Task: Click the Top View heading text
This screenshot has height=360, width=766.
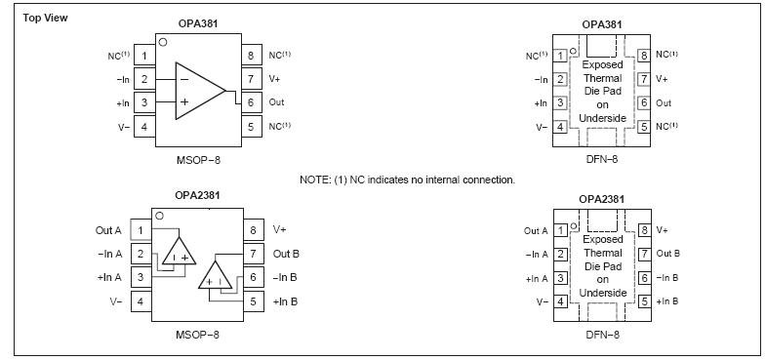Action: click(x=45, y=18)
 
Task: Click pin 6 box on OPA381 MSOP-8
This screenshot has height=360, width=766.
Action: click(x=251, y=101)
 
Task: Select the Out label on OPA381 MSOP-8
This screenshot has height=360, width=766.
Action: click(x=277, y=102)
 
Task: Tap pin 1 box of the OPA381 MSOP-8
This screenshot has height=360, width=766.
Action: click(x=143, y=56)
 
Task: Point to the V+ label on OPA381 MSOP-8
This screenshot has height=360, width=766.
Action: click(x=276, y=79)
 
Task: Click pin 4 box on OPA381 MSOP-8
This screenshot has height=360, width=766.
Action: click(x=143, y=126)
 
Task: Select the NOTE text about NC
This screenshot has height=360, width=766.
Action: click(x=407, y=180)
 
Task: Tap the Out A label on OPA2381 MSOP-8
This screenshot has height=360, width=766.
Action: click(x=108, y=230)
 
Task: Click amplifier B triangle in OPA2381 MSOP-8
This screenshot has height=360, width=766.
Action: click(x=216, y=277)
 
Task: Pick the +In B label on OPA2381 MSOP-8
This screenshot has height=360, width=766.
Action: click(x=285, y=301)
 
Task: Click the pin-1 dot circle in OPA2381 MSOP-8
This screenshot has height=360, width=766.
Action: click(x=160, y=214)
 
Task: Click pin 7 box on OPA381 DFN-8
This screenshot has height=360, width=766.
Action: click(x=643, y=79)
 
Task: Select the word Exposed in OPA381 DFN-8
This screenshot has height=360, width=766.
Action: click(x=602, y=65)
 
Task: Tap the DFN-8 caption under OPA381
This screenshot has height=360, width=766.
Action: click(x=602, y=159)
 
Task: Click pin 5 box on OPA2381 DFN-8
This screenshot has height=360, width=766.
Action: click(x=643, y=301)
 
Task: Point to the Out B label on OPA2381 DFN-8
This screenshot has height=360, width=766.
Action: click(x=668, y=254)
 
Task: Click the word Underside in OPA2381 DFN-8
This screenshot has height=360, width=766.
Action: click(x=602, y=293)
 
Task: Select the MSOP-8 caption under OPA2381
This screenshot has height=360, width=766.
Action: click(x=197, y=335)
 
